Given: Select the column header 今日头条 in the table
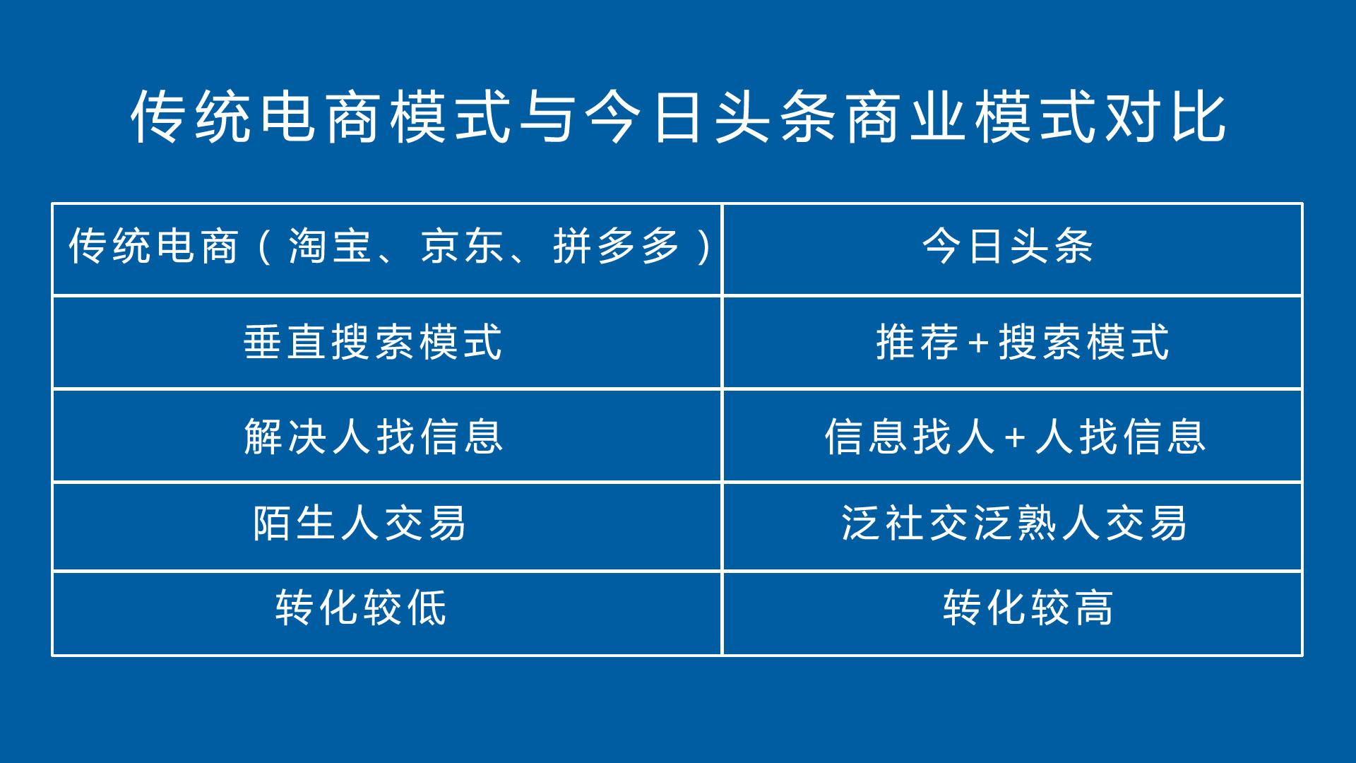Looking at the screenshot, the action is (x=1008, y=247).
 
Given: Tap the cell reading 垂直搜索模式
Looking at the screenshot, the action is (x=373, y=342).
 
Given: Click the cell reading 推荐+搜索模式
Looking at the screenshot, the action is (x=1023, y=342).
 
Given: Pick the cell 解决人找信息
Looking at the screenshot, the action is (x=374, y=436).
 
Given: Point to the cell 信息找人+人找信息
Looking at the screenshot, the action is (x=1015, y=436).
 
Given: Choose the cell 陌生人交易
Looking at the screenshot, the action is (x=359, y=524).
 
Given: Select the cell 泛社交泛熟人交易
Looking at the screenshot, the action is (x=1014, y=524).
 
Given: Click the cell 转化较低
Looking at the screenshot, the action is (x=361, y=608).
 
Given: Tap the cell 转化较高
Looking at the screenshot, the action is (x=1028, y=608).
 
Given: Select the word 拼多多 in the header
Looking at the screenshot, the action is (x=617, y=247).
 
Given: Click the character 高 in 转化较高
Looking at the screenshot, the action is (x=1094, y=608).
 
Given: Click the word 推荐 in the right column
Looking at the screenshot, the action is (x=917, y=342).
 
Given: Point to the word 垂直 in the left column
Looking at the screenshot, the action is (x=285, y=342).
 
